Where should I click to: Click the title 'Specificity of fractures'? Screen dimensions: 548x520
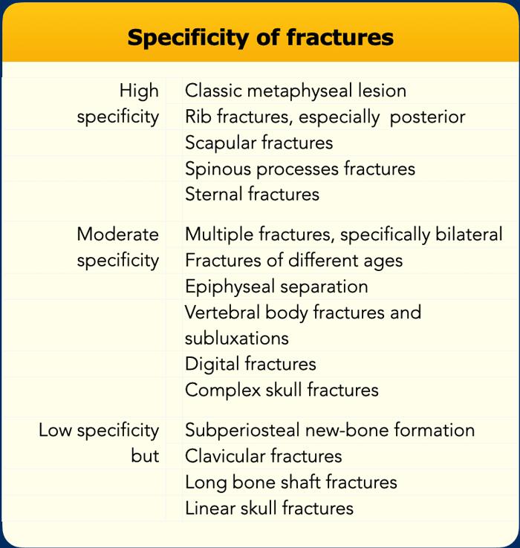pos(260,37)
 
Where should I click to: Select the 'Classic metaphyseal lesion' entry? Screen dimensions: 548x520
pos(295,91)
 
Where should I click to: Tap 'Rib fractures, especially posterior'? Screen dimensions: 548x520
pos(325,117)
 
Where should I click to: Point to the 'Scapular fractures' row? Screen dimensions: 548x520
pos(259,143)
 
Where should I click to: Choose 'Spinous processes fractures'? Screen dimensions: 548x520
pos(299,169)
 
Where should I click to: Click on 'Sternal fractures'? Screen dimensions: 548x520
pos(252,195)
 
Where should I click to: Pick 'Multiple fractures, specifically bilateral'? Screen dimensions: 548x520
pos(343,235)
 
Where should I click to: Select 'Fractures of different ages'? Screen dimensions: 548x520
pos(293,261)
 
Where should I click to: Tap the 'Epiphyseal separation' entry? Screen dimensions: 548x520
pos(276,287)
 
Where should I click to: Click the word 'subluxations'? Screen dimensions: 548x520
pos(236,338)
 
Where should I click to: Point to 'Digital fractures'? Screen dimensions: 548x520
pos(250,364)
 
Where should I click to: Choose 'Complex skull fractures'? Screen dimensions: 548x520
pos(282,390)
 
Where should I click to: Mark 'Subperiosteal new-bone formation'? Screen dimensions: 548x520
pos(329,430)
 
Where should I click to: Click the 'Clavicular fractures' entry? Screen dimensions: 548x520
pos(263,456)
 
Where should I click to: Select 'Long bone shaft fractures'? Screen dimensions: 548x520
pos(290,482)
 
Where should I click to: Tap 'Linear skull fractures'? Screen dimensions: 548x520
pos(269,508)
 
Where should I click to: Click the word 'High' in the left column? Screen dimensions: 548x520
pos(139,91)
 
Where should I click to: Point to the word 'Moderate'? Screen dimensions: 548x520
pos(117,235)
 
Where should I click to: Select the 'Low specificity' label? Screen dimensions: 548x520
pos(99,430)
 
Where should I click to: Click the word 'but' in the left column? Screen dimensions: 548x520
pos(145,456)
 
